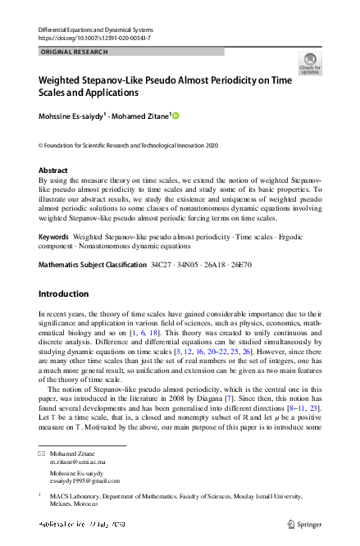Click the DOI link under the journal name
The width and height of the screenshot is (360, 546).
tap(94, 38)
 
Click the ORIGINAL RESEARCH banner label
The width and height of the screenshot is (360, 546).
tap(72, 52)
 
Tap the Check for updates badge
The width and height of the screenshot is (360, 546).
tap(310, 64)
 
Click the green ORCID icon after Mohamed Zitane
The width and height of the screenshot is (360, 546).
tap(175, 116)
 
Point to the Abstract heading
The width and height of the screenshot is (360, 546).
tap(53, 170)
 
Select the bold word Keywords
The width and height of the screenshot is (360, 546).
tap(53, 236)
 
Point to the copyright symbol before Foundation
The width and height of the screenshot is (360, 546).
tap(42, 144)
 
